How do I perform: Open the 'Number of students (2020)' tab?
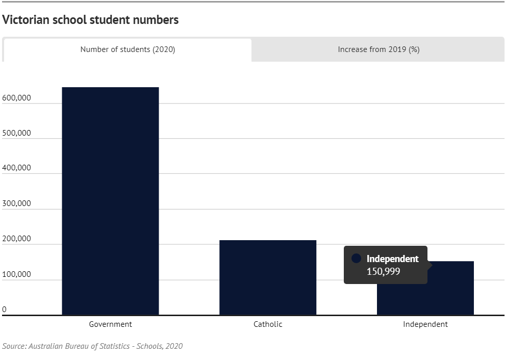[128, 50]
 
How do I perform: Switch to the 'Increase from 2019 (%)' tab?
[378, 50]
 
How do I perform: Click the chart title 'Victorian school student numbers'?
[91, 20]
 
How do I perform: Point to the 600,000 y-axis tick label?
[17, 98]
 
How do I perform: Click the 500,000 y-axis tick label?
[17, 133]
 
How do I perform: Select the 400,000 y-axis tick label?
[17, 168]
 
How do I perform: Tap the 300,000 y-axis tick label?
[17, 203]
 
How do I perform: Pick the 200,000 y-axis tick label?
[17, 239]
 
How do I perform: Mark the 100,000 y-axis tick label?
[17, 274]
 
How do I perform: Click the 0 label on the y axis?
[5, 309]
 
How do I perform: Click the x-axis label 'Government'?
[110, 324]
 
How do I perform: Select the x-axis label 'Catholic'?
[268, 324]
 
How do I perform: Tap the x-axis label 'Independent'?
[425, 324]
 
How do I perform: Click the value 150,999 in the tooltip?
[383, 271]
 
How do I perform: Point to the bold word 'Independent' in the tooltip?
[392, 259]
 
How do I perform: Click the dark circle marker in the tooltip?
[357, 259]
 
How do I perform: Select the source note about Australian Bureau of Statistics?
[92, 346]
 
